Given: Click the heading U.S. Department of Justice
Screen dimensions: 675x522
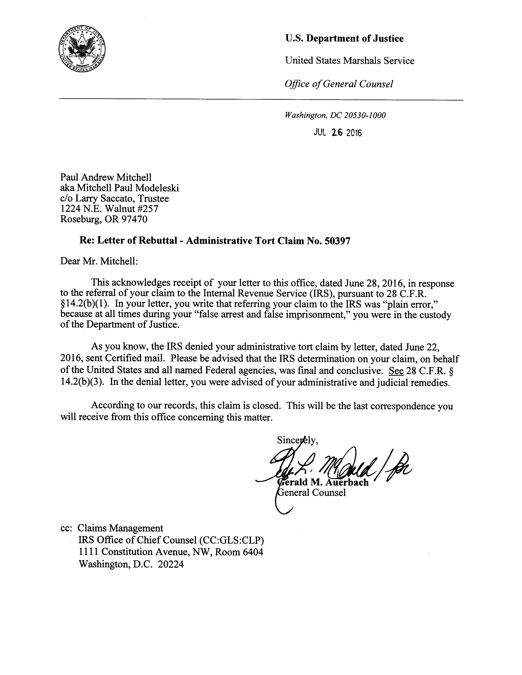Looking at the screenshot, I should [344, 39].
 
